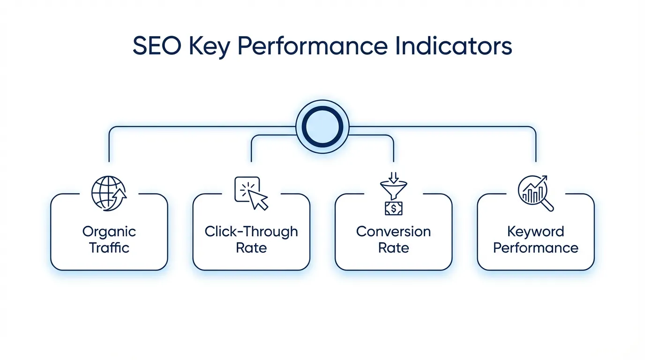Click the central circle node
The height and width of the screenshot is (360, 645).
[322, 127]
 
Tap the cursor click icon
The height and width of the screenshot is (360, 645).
[251, 193]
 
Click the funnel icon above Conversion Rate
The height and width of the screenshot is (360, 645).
[394, 187]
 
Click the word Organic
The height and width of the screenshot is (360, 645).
[109, 232]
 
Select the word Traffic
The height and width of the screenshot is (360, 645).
[109, 247]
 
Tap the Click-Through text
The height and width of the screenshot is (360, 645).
[251, 232]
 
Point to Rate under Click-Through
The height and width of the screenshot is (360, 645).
[251, 247]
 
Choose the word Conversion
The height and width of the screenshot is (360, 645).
[394, 232]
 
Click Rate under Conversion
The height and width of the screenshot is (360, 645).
[394, 247]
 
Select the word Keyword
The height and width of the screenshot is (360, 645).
[535, 232]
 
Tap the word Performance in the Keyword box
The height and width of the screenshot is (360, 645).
[535, 247]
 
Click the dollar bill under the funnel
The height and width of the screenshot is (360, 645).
[394, 208]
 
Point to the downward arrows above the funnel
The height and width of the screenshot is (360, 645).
[394, 177]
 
